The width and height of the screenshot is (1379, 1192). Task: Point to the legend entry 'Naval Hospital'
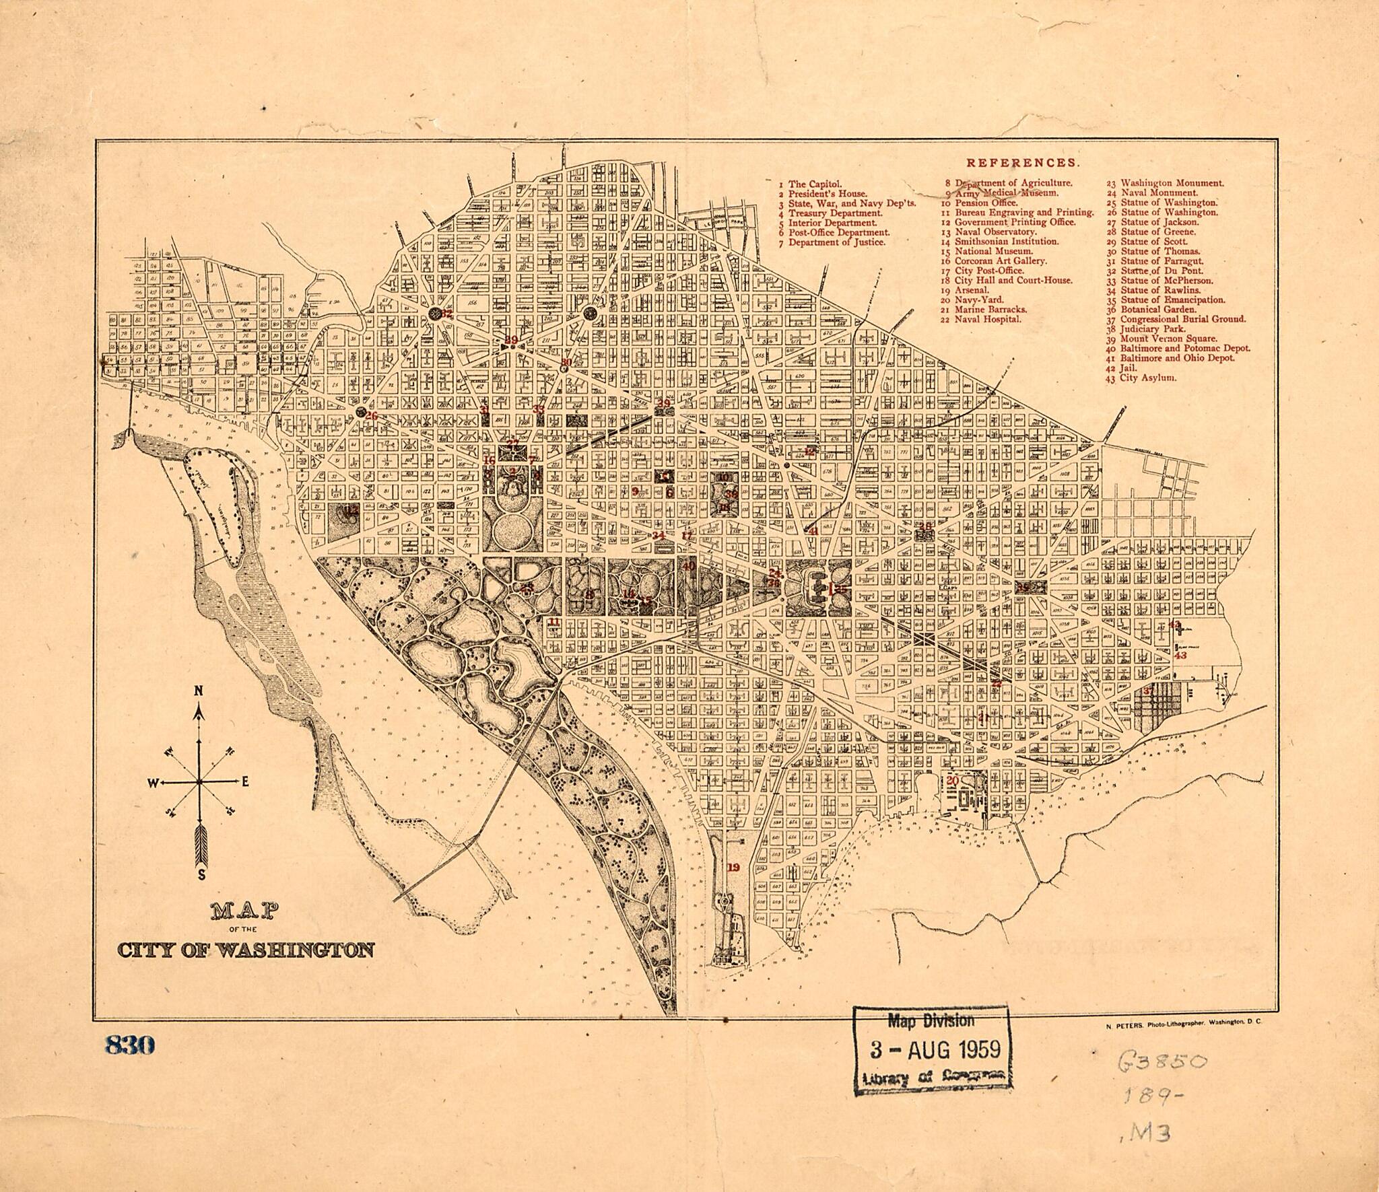click(x=988, y=319)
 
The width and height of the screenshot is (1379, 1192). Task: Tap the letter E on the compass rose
click(x=245, y=781)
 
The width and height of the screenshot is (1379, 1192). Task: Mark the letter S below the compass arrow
click(x=201, y=875)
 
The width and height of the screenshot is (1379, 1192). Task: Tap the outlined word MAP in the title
click(x=245, y=912)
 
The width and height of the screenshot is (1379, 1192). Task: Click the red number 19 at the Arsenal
click(x=733, y=868)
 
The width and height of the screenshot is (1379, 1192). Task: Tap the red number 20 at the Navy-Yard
click(x=951, y=781)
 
